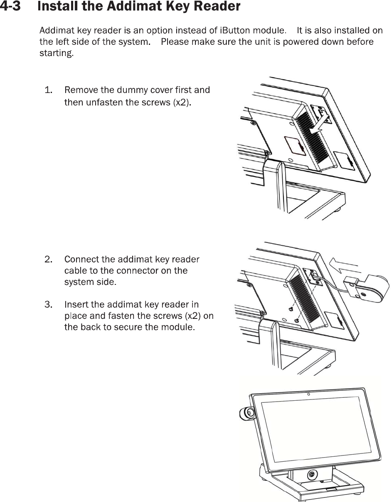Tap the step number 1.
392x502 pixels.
click(49, 90)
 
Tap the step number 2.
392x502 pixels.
click(49, 260)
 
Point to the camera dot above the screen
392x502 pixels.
click(308, 394)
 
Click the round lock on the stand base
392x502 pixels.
click(311, 475)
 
